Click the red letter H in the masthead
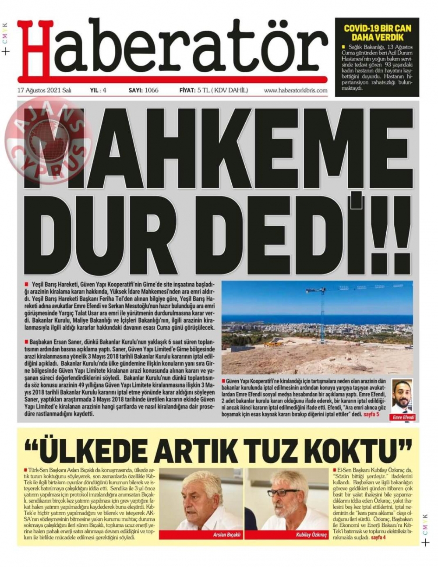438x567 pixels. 35,50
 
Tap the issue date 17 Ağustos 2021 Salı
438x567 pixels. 44,91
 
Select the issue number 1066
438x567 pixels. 150,91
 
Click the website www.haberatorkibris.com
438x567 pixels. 296,91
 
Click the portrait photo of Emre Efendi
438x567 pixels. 402,396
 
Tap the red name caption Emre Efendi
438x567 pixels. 402,417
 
